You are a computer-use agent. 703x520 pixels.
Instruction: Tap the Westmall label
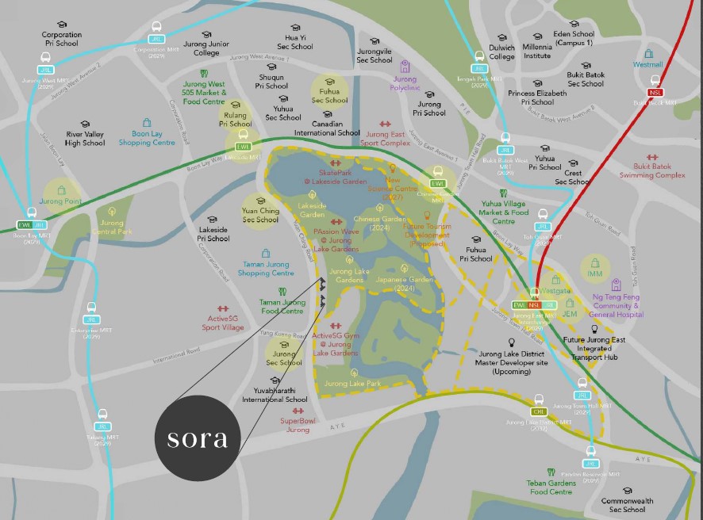coord(647,64)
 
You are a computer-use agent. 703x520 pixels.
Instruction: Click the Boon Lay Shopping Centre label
coord(147,138)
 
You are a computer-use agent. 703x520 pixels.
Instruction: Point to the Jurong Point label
coord(61,201)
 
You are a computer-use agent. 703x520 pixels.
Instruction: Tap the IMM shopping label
coord(595,273)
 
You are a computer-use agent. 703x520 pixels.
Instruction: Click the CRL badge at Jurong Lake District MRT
coord(539,411)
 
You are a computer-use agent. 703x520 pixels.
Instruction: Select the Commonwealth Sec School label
coord(627,505)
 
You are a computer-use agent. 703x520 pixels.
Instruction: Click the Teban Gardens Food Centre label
coord(550,487)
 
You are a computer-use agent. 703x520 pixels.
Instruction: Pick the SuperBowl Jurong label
coord(298,425)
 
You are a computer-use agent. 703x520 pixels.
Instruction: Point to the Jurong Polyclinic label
coord(405,83)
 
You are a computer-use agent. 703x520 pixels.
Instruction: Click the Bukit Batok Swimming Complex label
coord(652,170)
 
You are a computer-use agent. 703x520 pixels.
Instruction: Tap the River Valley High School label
coord(85,139)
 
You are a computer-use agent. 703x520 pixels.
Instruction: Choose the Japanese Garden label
coord(405,284)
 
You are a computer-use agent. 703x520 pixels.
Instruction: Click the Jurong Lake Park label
coord(352,384)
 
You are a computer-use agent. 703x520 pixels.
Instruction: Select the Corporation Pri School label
coord(62,39)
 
